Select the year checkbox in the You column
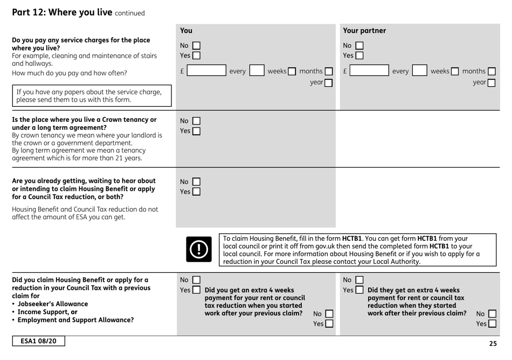click(328, 84)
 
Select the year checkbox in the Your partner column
click(492, 84)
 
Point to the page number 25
click(493, 343)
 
